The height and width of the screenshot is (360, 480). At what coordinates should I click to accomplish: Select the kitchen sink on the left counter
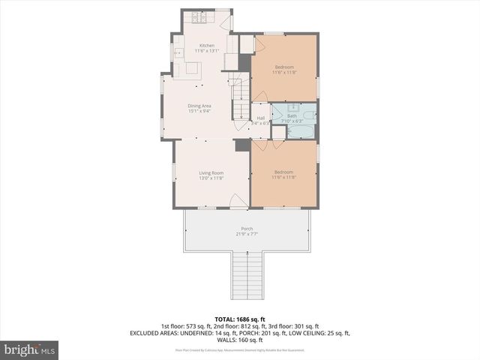(178, 53)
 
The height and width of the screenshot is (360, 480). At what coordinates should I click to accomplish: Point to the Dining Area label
(199, 106)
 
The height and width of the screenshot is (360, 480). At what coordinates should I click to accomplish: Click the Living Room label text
(211, 173)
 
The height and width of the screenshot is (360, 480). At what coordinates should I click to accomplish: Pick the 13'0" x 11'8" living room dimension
(211, 178)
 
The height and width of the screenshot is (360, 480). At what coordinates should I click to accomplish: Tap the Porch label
(247, 228)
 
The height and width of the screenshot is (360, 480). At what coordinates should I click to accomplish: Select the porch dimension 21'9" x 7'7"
(247, 233)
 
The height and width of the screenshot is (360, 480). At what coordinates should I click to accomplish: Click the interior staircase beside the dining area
(239, 102)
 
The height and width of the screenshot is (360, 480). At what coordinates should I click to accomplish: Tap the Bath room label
(292, 115)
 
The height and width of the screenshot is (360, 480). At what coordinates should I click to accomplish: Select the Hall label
(261, 118)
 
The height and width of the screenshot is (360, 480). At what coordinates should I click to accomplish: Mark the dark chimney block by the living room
(241, 145)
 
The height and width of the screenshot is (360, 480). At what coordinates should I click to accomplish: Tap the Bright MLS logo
(30, 349)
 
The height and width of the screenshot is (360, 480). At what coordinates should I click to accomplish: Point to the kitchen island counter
(193, 69)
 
